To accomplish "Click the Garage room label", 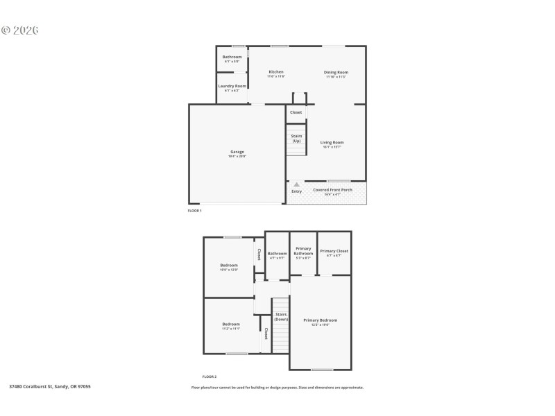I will point(237,152).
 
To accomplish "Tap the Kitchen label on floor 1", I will point(276,72).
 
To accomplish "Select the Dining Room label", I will point(336,72).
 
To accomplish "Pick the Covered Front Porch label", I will point(332,190).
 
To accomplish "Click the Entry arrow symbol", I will point(297,184).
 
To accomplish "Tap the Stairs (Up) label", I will point(296,138).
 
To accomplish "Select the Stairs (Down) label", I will point(281,317).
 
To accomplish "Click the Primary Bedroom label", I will point(321,320).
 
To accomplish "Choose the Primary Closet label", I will point(334,251).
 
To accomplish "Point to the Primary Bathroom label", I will point(303,251).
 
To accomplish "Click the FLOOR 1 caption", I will point(194,210).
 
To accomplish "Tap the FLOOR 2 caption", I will point(210,376).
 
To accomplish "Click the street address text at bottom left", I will point(50,386).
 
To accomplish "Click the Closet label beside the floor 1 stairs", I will point(296,112).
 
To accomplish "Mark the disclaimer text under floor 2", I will point(277,388).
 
